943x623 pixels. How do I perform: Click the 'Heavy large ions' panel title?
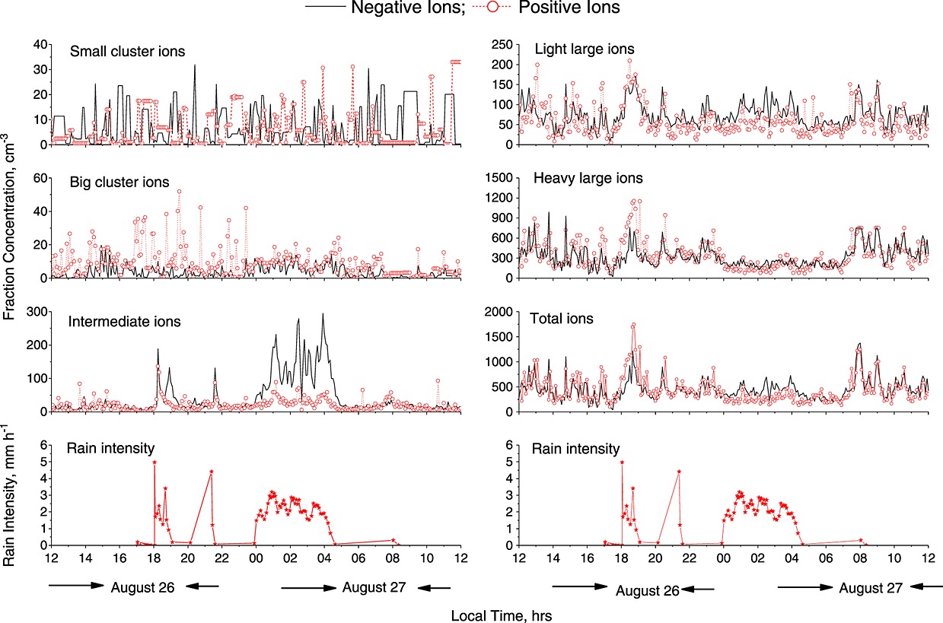pyautogui.click(x=588, y=179)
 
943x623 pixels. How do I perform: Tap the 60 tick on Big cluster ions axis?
pyautogui.click(x=37, y=177)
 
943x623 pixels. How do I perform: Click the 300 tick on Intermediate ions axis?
pyautogui.click(x=33, y=312)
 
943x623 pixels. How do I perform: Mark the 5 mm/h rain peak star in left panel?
pyautogui.click(x=155, y=462)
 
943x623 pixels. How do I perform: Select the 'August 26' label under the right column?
pyautogui.click(x=646, y=590)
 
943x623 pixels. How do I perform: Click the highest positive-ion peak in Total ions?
pyautogui.click(x=633, y=325)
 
